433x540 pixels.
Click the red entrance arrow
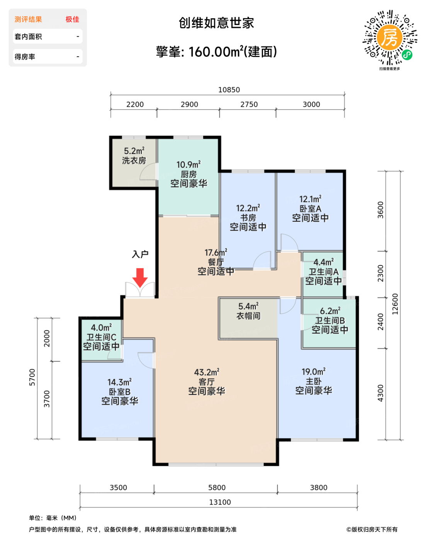[140, 278]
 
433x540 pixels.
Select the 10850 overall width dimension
[229, 89]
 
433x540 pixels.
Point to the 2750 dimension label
[249, 105]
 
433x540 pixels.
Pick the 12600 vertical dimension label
[395, 304]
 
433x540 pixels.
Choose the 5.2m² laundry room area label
[134, 151]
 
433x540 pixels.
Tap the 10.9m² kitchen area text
[188, 165]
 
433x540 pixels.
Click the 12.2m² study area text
[248, 208]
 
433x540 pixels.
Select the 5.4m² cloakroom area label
[248, 306]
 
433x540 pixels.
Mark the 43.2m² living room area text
[207, 372]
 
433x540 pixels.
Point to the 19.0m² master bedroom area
[313, 371]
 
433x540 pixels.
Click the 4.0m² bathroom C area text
[101, 327]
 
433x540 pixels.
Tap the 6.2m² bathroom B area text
[330, 311]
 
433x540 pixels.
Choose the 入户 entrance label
[140, 255]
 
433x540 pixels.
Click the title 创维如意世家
[216, 23]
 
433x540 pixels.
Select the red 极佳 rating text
[72, 19]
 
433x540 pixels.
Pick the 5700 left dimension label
[32, 377]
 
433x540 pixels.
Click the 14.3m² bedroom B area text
[120, 382]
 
